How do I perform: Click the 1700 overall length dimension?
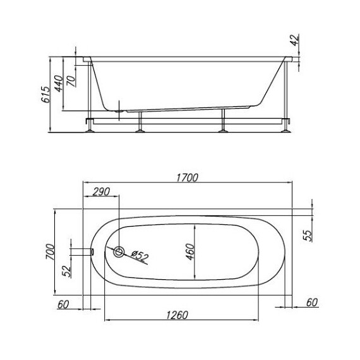pyautogui.click(x=187, y=177)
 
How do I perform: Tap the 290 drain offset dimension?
pyautogui.click(x=101, y=192)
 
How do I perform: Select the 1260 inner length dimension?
pyautogui.click(x=177, y=315)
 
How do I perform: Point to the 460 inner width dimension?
pyautogui.click(x=190, y=251)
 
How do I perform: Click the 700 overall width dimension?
pyautogui.click(x=51, y=251)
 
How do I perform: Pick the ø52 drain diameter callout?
pyautogui.click(x=140, y=256)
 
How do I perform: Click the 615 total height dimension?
pyautogui.click(x=45, y=94)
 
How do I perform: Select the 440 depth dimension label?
pyautogui.click(x=58, y=83)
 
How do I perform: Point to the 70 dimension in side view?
pyautogui.click(x=71, y=81)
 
